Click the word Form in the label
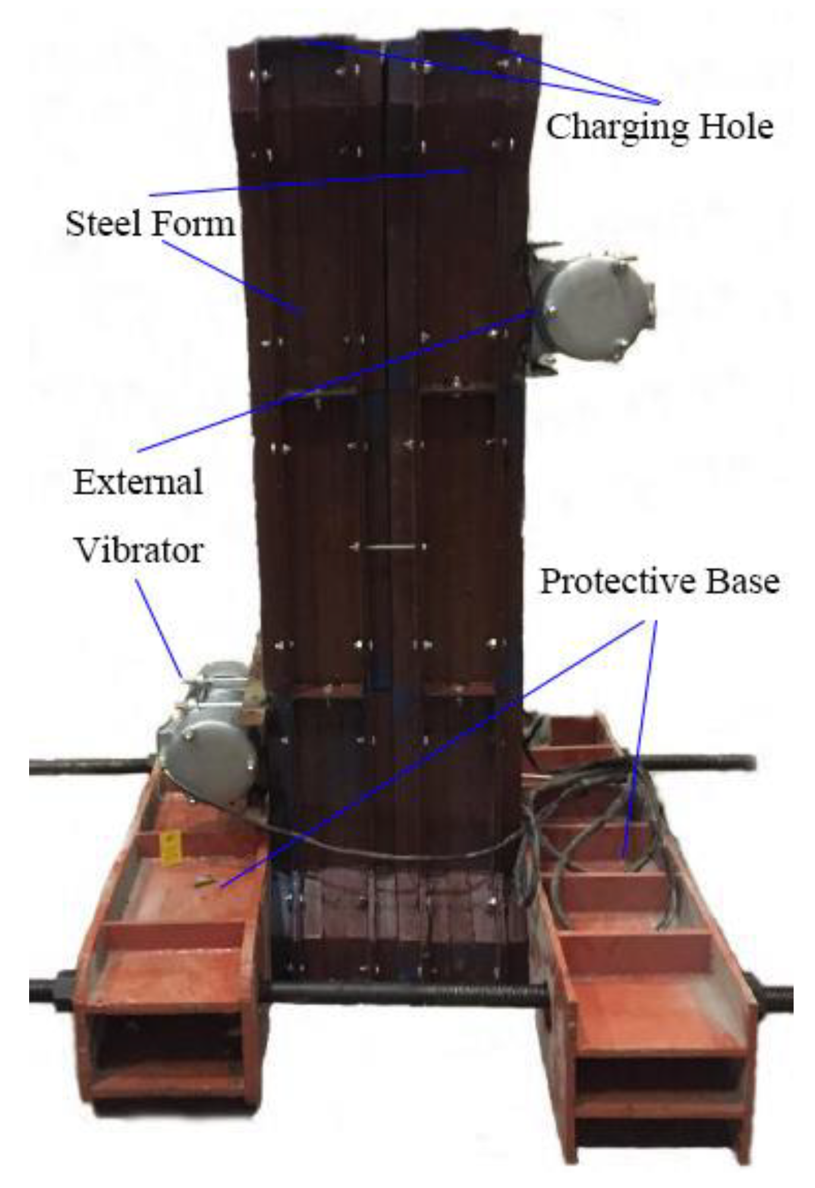pos(193,224)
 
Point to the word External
pos(138,482)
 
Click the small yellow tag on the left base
pos(171,846)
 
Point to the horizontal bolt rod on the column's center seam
pos(389,546)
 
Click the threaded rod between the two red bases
pos(404,990)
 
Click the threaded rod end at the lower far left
pos(51,990)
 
